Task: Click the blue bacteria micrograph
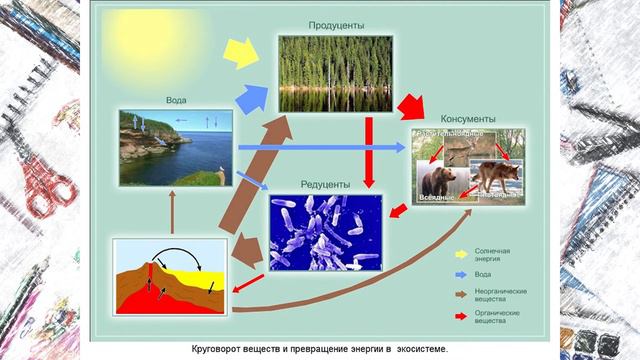tap(325, 232)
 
